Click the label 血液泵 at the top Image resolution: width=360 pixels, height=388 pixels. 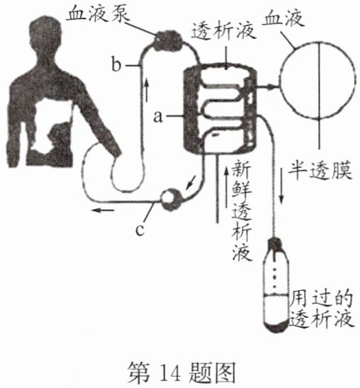(99, 14)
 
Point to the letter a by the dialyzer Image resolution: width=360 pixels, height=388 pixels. (159, 116)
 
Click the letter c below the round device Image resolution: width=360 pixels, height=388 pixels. (140, 229)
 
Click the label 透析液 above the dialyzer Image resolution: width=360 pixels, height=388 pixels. (223, 31)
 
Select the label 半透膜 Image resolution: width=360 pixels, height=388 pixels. (320, 170)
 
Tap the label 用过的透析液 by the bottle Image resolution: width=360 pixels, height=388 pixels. (321, 309)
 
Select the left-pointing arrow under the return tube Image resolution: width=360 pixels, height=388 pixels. (103, 210)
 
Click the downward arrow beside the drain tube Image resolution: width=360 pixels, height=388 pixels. (281, 186)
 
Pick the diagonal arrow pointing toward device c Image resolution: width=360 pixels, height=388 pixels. (191, 183)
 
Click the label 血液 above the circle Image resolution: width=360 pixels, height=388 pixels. (283, 18)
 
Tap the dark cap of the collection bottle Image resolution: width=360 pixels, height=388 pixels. (276, 243)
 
